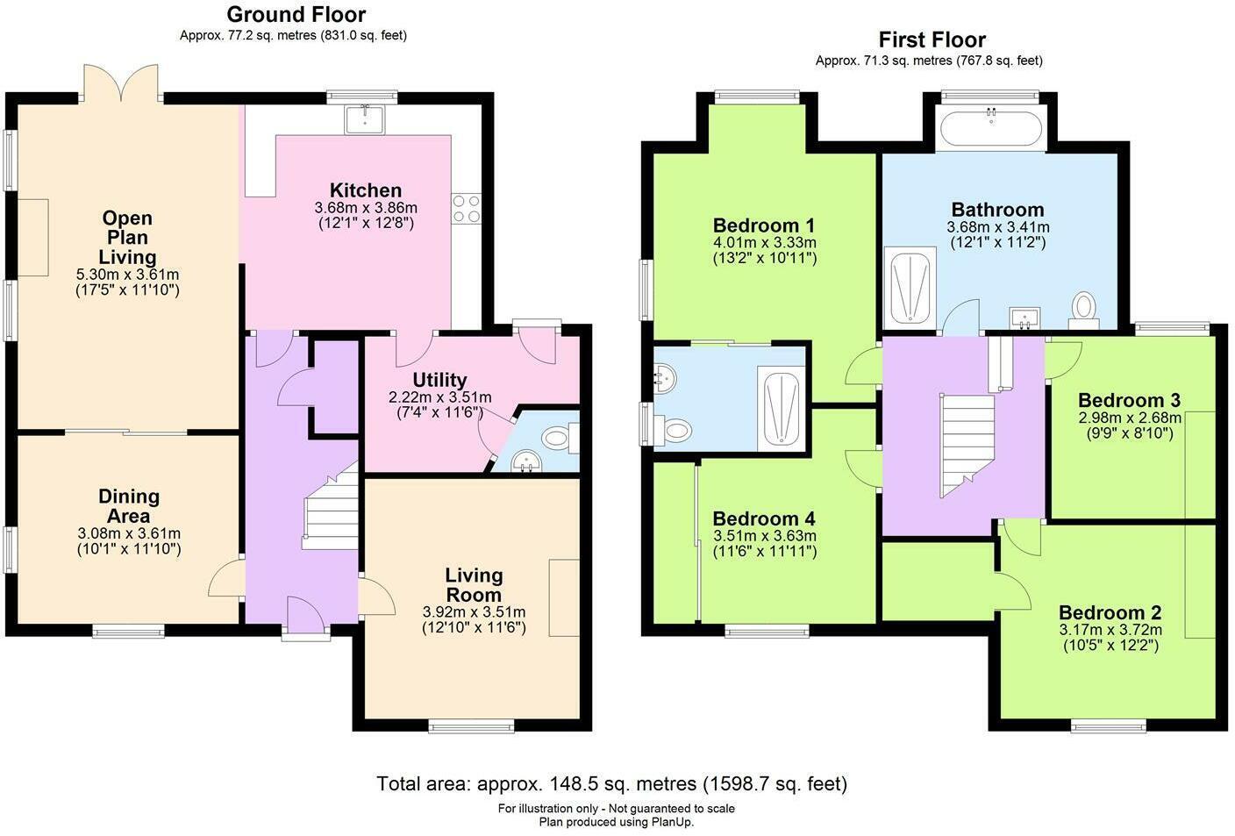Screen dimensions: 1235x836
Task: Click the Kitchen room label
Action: point(366,190)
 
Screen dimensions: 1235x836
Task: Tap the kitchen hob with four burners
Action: point(467,209)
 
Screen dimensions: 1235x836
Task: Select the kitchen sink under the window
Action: point(364,120)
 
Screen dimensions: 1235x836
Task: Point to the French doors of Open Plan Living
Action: point(121,83)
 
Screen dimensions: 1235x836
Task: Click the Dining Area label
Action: point(128,506)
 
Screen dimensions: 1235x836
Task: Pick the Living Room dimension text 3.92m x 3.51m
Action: point(474,611)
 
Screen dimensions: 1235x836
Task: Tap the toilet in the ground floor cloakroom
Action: point(560,438)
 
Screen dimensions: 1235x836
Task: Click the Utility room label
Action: point(439,380)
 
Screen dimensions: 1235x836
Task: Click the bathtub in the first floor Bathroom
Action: point(991,128)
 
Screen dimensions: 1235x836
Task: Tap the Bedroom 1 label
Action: point(764,225)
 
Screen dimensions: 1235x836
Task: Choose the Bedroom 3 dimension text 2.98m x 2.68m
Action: point(1130,418)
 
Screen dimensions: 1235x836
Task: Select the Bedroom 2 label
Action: point(1110,612)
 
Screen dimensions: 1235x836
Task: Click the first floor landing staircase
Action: point(967,445)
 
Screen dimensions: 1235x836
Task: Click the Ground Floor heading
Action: point(296,14)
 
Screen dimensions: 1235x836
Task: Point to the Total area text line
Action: point(611,783)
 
